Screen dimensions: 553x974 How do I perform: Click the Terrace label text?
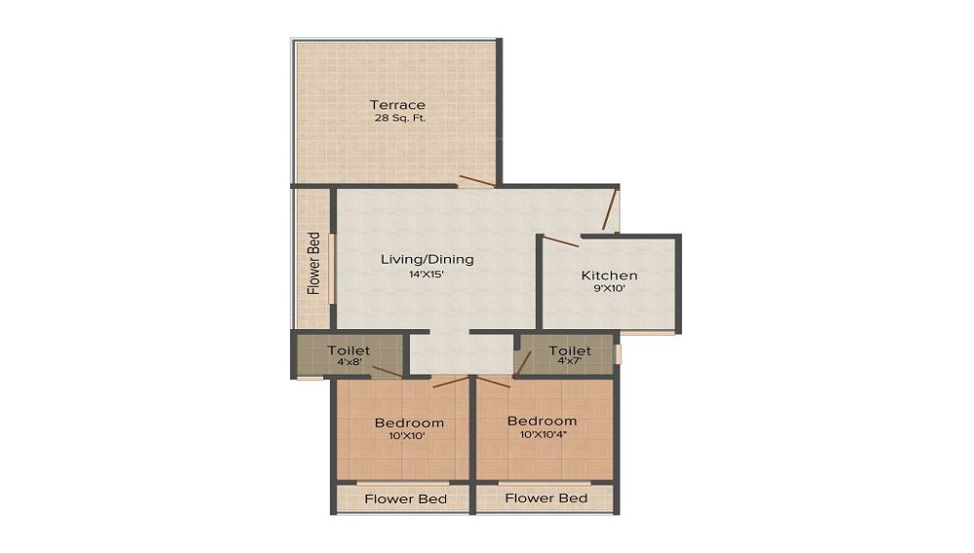(396, 104)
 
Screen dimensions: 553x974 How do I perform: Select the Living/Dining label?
(427, 259)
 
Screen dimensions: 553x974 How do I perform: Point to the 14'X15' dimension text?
(427, 274)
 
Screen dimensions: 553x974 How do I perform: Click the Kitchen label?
(609, 276)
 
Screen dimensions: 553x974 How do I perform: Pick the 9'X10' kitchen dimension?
(609, 289)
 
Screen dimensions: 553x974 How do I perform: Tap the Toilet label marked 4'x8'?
(348, 350)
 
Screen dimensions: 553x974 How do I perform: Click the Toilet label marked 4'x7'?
(569, 350)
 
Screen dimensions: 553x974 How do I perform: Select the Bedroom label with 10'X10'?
(409, 423)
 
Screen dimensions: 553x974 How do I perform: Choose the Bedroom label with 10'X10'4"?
(542, 421)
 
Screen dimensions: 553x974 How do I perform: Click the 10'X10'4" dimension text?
(542, 435)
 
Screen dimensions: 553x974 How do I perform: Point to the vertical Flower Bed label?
(314, 263)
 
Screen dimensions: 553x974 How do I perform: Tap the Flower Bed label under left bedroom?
(405, 498)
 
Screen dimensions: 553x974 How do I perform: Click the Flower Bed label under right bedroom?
(546, 498)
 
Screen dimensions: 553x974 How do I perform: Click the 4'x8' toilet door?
(388, 371)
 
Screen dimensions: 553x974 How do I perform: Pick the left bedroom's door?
(451, 381)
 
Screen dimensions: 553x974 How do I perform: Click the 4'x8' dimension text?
(348, 362)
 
